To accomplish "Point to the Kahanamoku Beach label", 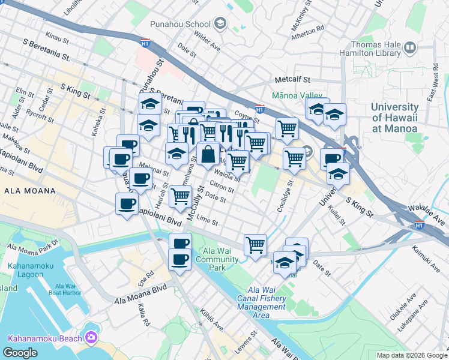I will tap(44, 338).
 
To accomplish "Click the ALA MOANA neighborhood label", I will tap(29, 191).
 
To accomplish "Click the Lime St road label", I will tap(208, 221).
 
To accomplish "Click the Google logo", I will tap(20, 352).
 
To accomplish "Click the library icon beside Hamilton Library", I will tap(411, 47).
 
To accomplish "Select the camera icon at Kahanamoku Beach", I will tap(91, 338).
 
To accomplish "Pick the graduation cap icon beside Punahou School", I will tap(220, 24).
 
